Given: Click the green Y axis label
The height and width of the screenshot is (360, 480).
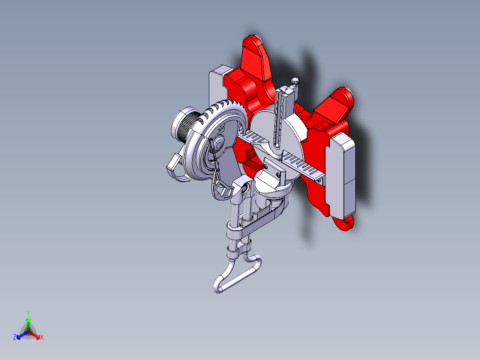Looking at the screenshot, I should click(28, 313).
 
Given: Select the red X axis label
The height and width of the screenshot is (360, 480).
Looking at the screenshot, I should click(42, 338).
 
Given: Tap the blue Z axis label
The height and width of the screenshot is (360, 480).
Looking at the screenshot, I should click(15, 338).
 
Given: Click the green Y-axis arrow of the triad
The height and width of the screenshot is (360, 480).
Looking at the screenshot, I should click(28, 323).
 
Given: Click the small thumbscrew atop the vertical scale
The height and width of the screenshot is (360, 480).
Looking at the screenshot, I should click(295, 82).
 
